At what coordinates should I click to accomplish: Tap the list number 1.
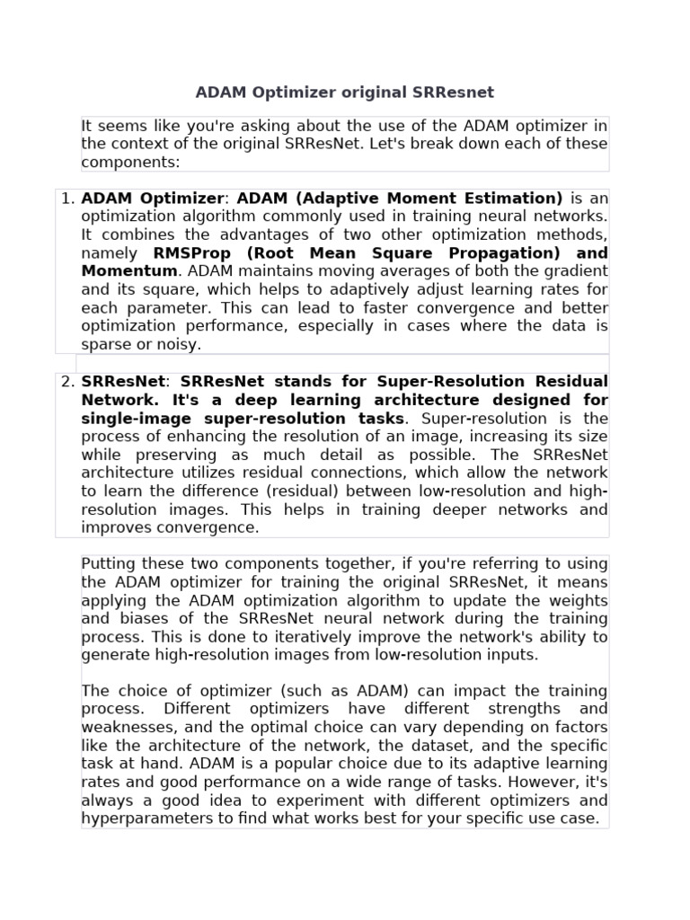pyautogui.click(x=67, y=199)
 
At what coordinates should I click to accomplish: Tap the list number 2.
pyautogui.click(x=67, y=381)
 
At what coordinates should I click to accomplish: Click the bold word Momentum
pyautogui.click(x=128, y=271)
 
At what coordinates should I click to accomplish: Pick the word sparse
pyautogui.click(x=104, y=344)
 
